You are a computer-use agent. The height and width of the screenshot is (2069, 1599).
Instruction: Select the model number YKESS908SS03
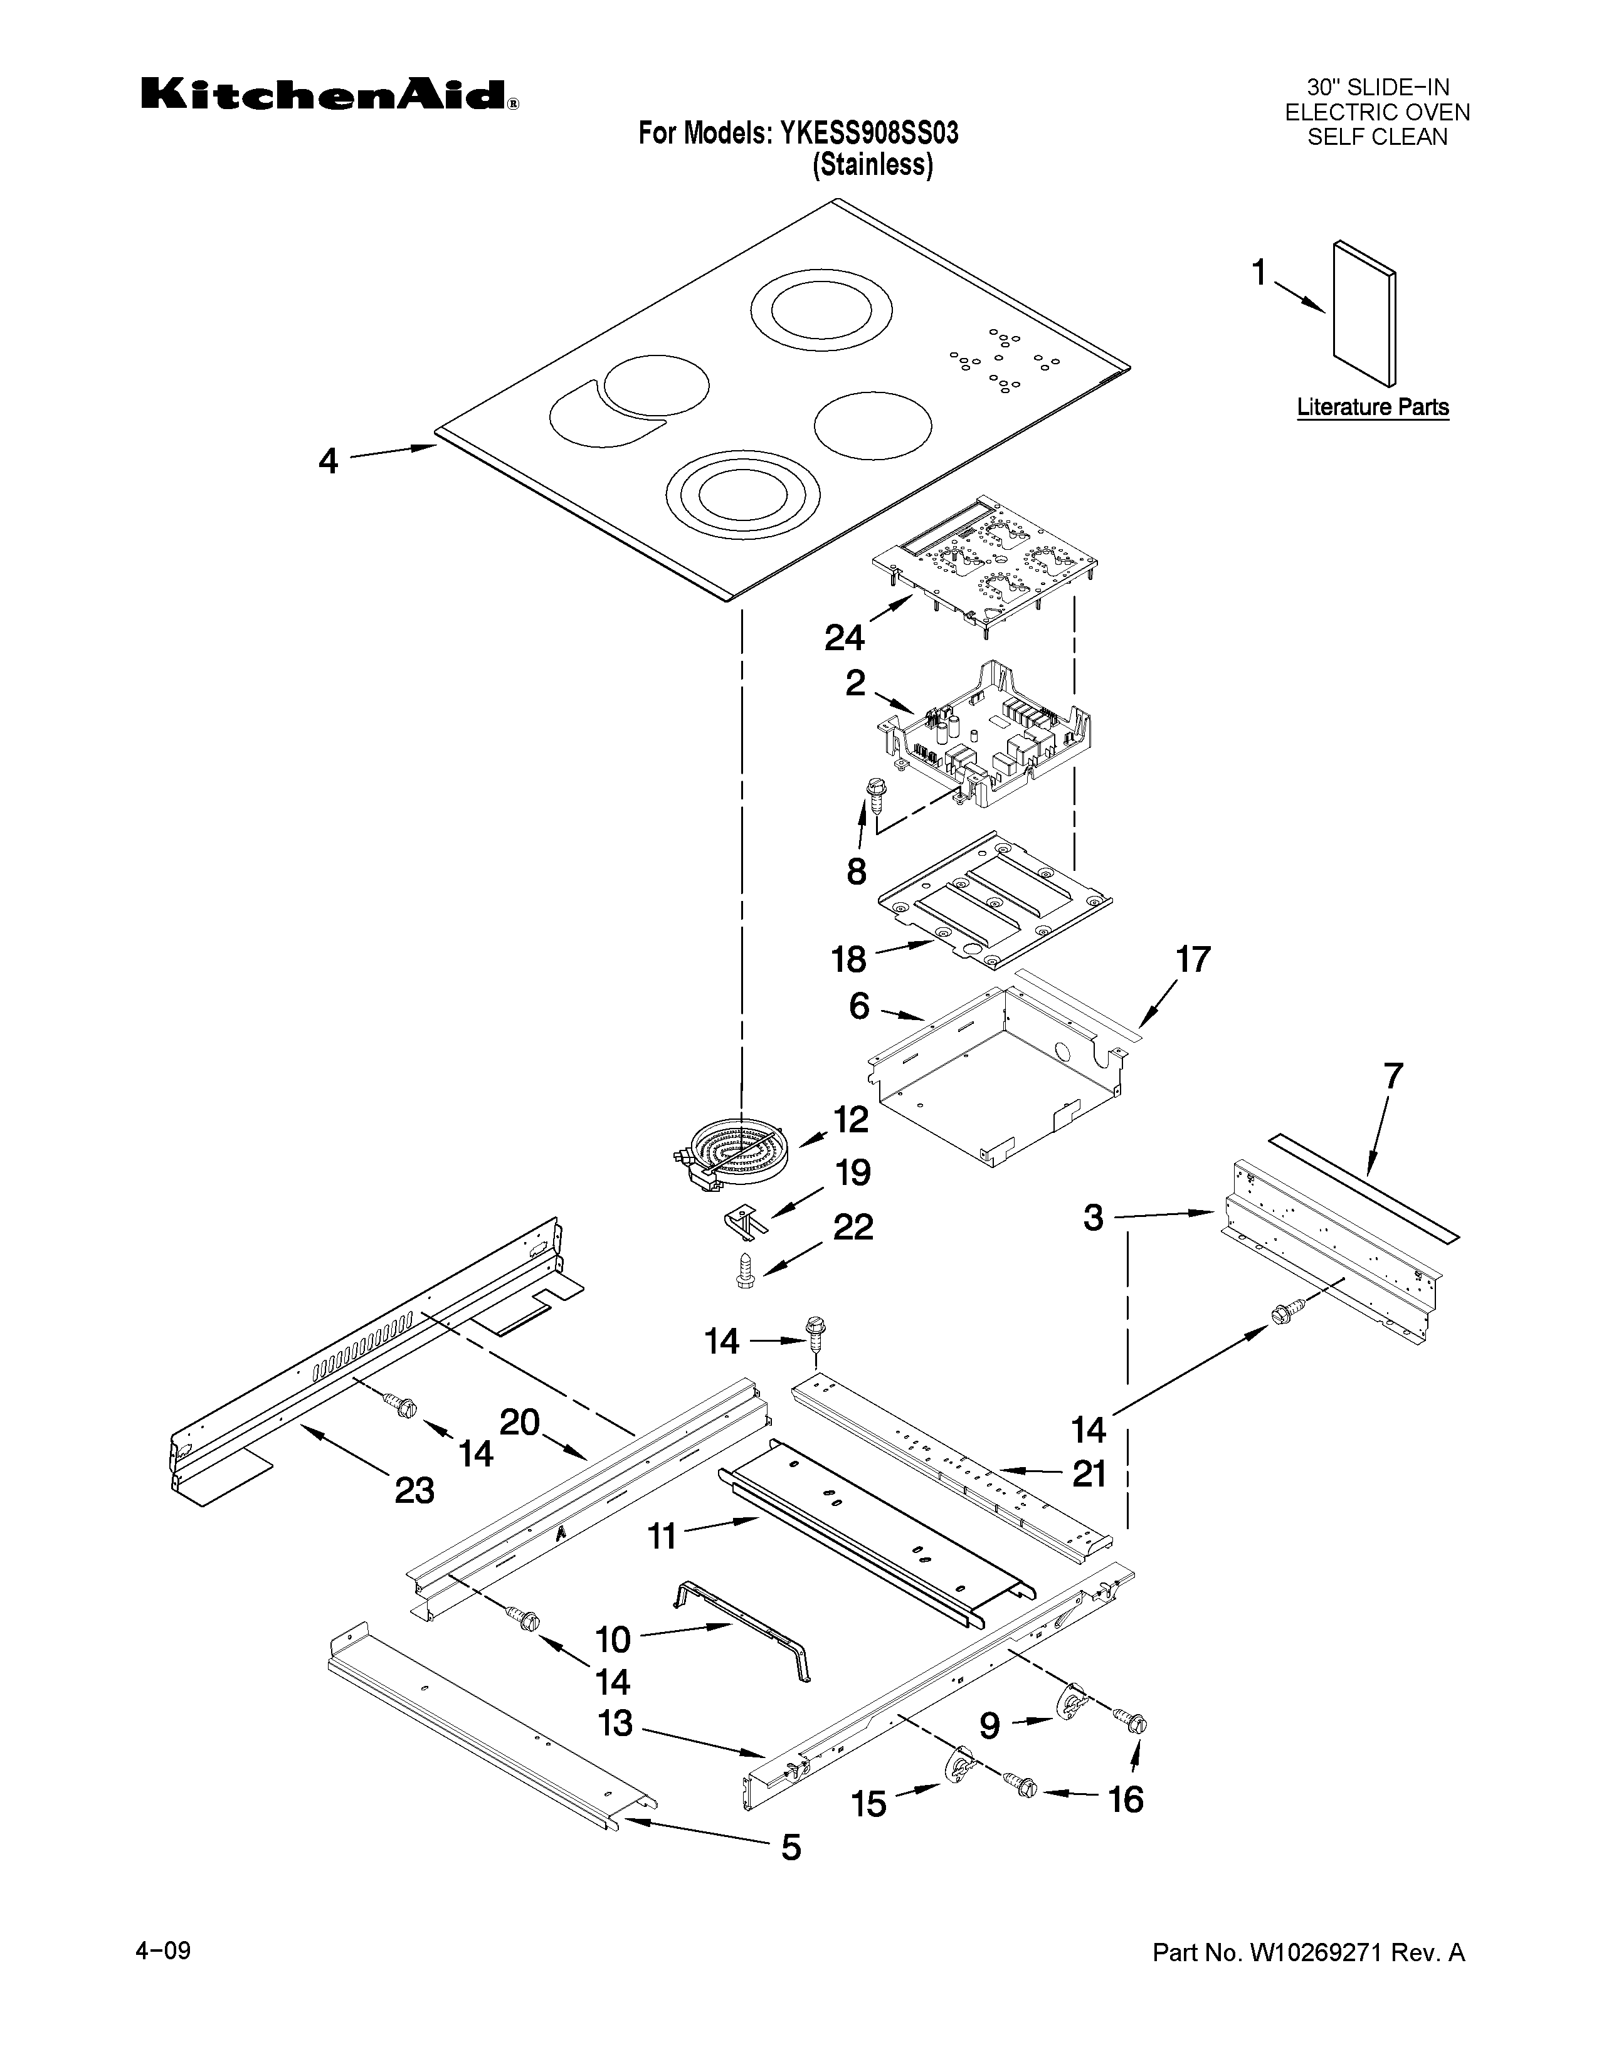pos(868,134)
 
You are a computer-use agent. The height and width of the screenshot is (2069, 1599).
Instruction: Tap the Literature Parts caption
pos(1371,408)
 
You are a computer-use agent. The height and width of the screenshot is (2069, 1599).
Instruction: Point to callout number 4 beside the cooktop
pos(328,461)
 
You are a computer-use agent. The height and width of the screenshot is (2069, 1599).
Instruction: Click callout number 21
pos(1089,1473)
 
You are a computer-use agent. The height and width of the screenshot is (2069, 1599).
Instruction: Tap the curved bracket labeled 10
pos(748,1644)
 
